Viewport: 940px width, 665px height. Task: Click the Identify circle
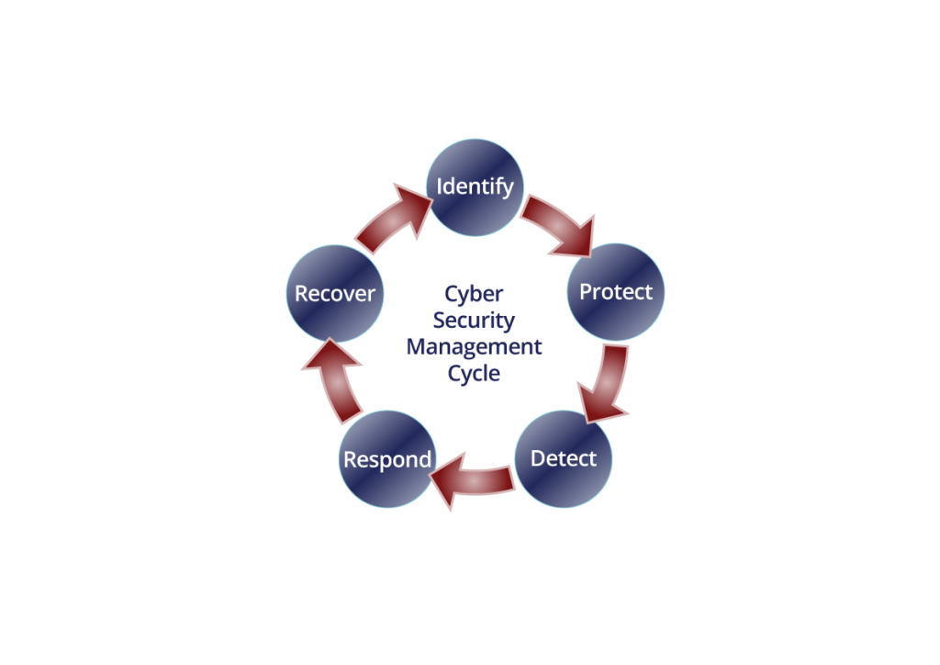[x=476, y=186]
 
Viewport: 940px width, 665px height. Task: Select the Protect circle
[x=616, y=292]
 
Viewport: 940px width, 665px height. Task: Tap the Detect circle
[x=563, y=458]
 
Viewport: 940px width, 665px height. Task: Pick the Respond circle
[x=386, y=459]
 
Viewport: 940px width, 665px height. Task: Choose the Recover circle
[x=334, y=294]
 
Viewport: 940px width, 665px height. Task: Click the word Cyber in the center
[x=474, y=294]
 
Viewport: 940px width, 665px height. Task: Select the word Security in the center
[x=474, y=321]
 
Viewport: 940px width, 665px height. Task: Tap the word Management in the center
[x=474, y=347]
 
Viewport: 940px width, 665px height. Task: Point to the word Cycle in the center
[x=474, y=374]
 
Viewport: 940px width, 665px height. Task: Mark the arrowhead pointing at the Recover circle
[x=324, y=357]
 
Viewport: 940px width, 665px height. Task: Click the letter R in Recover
[x=301, y=294]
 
